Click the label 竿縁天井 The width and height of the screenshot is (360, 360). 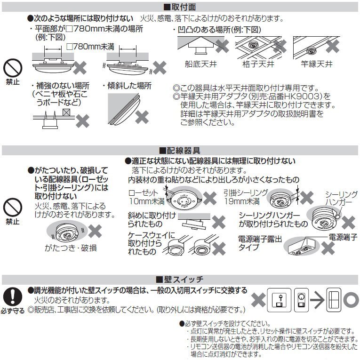(317, 64)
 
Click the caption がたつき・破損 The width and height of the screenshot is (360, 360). (71, 248)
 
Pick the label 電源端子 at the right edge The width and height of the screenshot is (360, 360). (343, 234)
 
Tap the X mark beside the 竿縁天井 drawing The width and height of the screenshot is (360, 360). (333, 46)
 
